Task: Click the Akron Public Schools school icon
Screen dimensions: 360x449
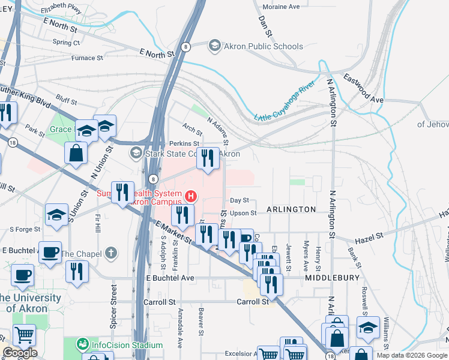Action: point(214,46)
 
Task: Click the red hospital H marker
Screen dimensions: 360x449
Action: point(191,196)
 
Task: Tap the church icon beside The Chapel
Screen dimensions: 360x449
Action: point(110,254)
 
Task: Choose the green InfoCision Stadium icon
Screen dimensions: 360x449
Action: point(82,345)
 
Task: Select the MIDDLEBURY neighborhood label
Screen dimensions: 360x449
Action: point(331,278)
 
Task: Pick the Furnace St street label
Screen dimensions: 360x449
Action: point(75,58)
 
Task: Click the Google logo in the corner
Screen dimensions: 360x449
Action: point(20,353)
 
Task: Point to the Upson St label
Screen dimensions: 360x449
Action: point(243,213)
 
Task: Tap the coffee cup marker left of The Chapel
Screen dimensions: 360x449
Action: point(50,252)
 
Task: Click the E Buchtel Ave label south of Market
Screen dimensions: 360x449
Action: point(170,278)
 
